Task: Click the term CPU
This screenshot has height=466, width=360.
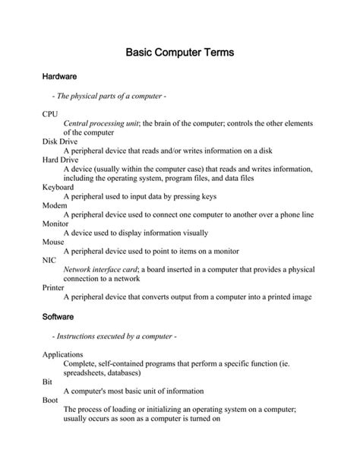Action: pos(50,113)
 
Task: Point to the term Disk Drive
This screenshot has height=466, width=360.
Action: pos(60,141)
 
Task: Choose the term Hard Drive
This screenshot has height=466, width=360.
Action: pos(60,160)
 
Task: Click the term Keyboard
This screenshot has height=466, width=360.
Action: pos(58,187)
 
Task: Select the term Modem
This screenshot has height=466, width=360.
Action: pos(55,205)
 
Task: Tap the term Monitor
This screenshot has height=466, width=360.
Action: pos(55,223)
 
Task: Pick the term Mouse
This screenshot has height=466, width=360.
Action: pos(54,242)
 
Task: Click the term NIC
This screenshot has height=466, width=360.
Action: pos(49,260)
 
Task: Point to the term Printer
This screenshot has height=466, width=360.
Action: pos(55,287)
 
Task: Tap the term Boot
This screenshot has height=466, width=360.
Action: pos(49,400)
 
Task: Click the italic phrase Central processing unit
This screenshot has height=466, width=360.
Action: pos(102,122)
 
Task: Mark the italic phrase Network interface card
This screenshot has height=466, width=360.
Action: pos(100,269)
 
